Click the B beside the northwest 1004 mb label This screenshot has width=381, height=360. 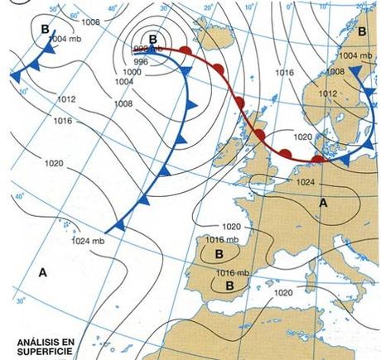[x=44, y=28]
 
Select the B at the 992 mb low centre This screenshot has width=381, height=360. [x=152, y=39]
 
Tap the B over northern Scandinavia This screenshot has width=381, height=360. [x=362, y=30]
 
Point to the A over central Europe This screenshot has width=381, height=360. [x=323, y=201]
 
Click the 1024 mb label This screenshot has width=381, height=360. [x=87, y=241]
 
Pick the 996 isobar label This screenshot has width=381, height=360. [x=142, y=61]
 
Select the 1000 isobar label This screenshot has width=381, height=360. [x=133, y=72]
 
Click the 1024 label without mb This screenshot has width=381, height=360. [x=306, y=182]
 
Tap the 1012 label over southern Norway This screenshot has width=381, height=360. [x=326, y=94]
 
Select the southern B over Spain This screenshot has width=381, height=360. [x=231, y=284]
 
